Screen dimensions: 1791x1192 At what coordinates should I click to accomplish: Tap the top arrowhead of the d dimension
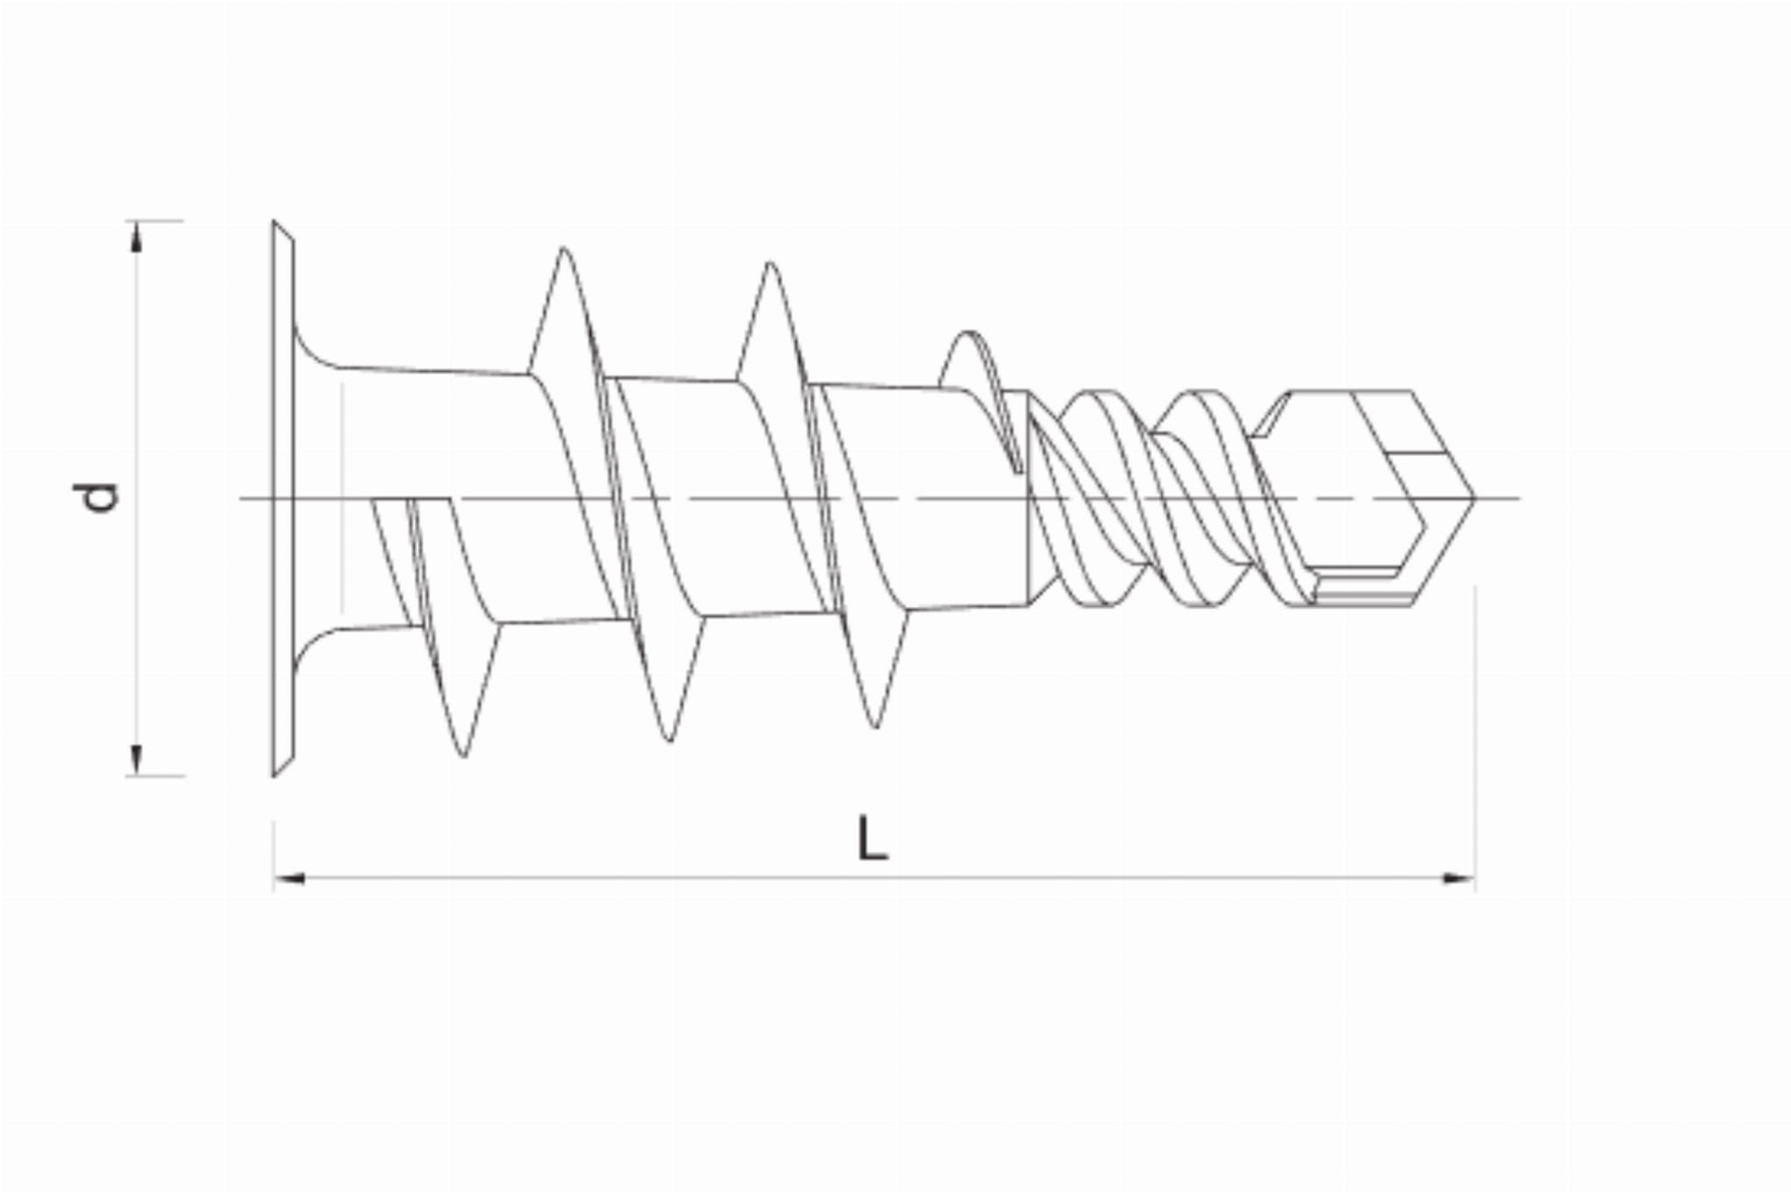pyautogui.click(x=136, y=236)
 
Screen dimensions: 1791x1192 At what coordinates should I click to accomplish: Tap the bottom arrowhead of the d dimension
pyautogui.click(x=136, y=760)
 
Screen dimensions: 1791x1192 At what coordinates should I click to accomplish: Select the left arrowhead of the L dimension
pyautogui.click(x=289, y=877)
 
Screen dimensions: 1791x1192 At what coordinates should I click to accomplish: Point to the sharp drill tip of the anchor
pyautogui.click(x=1474, y=498)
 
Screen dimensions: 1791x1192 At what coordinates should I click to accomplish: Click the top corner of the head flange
pyautogui.click(x=274, y=221)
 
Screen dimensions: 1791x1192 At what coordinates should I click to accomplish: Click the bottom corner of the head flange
pyautogui.click(x=274, y=776)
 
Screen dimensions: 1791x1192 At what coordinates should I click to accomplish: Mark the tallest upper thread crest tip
pyautogui.click(x=564, y=248)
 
